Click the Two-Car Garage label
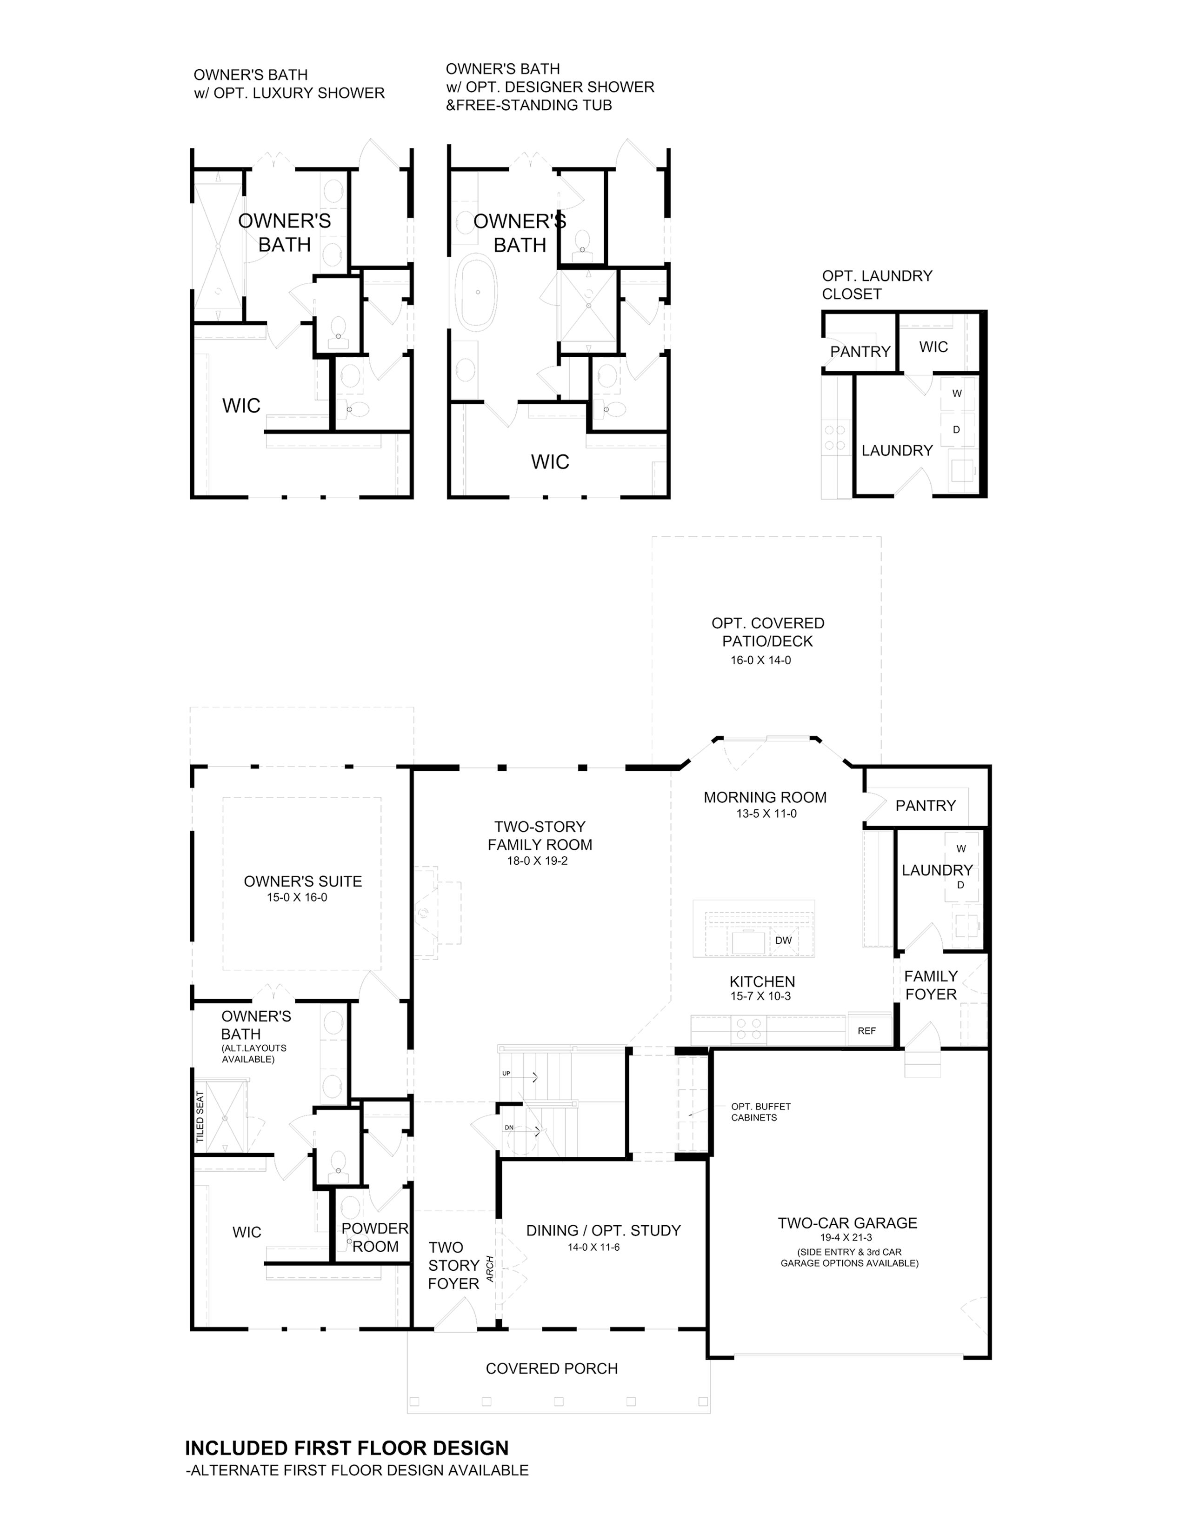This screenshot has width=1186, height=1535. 847,1223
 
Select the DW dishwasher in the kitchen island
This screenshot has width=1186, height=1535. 783,941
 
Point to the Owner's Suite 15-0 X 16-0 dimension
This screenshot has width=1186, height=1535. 297,898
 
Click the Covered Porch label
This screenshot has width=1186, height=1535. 552,1368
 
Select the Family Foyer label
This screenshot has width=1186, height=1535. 931,985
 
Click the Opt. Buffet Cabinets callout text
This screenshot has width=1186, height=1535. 760,1112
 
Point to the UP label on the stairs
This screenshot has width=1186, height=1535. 506,1074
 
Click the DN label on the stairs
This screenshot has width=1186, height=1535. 509,1128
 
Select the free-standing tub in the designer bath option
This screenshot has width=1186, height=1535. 478,292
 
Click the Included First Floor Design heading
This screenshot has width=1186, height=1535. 347,1448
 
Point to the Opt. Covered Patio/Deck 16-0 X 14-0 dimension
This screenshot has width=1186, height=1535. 761,660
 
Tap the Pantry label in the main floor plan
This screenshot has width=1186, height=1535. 926,806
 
